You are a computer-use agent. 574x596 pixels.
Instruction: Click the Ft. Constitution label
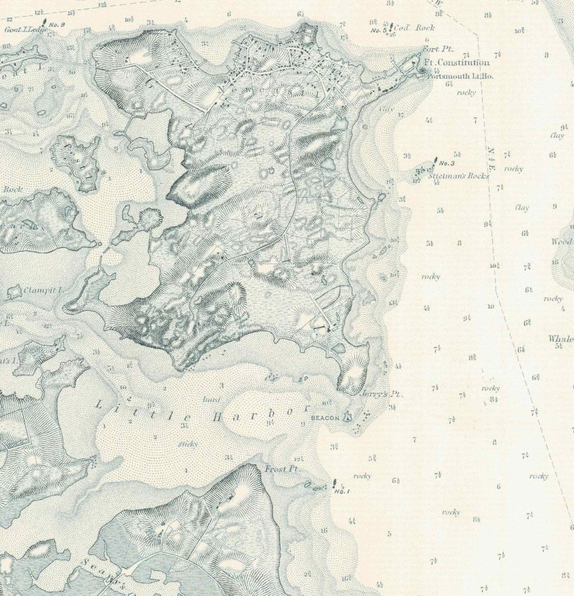pos(456,62)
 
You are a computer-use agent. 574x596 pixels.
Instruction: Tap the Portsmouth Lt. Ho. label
pos(459,77)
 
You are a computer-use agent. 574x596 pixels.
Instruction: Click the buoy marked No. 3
pos(434,163)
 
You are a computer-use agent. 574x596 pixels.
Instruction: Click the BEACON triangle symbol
pos(347,417)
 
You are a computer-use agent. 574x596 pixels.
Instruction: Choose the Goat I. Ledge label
pos(25,30)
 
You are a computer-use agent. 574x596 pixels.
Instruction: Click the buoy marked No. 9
pos(45,23)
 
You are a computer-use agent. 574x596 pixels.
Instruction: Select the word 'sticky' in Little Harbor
pos(188,444)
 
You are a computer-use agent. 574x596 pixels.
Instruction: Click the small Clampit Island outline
pos(15,292)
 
